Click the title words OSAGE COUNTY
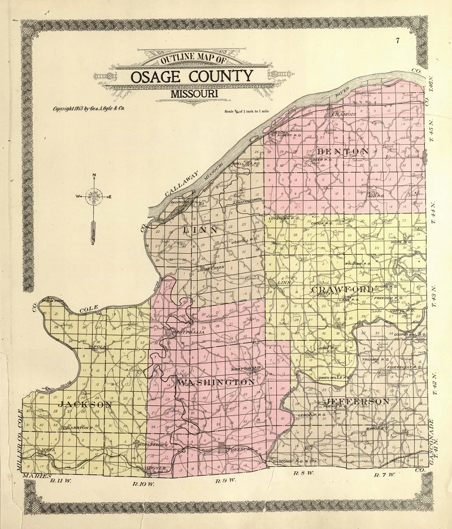click(192, 76)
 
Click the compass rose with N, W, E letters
click(94, 197)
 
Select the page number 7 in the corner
click(398, 41)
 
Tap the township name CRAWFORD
click(342, 289)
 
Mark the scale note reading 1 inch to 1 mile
click(246, 112)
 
